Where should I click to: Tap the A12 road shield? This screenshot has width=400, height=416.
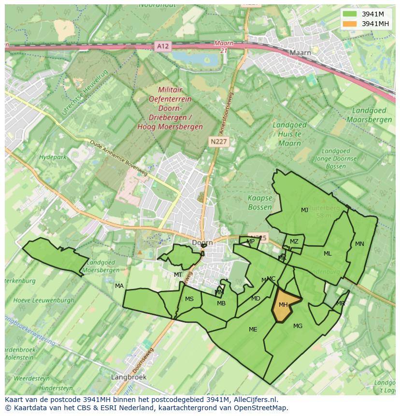163,46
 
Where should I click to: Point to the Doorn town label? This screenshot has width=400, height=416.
202,243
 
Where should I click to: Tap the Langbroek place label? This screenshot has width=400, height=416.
128,376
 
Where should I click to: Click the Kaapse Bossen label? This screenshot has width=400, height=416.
260,202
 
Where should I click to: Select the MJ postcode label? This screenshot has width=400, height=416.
304,210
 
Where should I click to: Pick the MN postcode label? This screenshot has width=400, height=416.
359,244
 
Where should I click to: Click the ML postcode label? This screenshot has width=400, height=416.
328,254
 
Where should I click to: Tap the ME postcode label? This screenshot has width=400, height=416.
253,330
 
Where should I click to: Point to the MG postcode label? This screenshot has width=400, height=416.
298,326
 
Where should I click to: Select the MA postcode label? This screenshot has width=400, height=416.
119,286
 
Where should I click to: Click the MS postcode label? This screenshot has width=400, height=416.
189,299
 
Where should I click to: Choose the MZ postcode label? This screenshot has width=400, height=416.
294,242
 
